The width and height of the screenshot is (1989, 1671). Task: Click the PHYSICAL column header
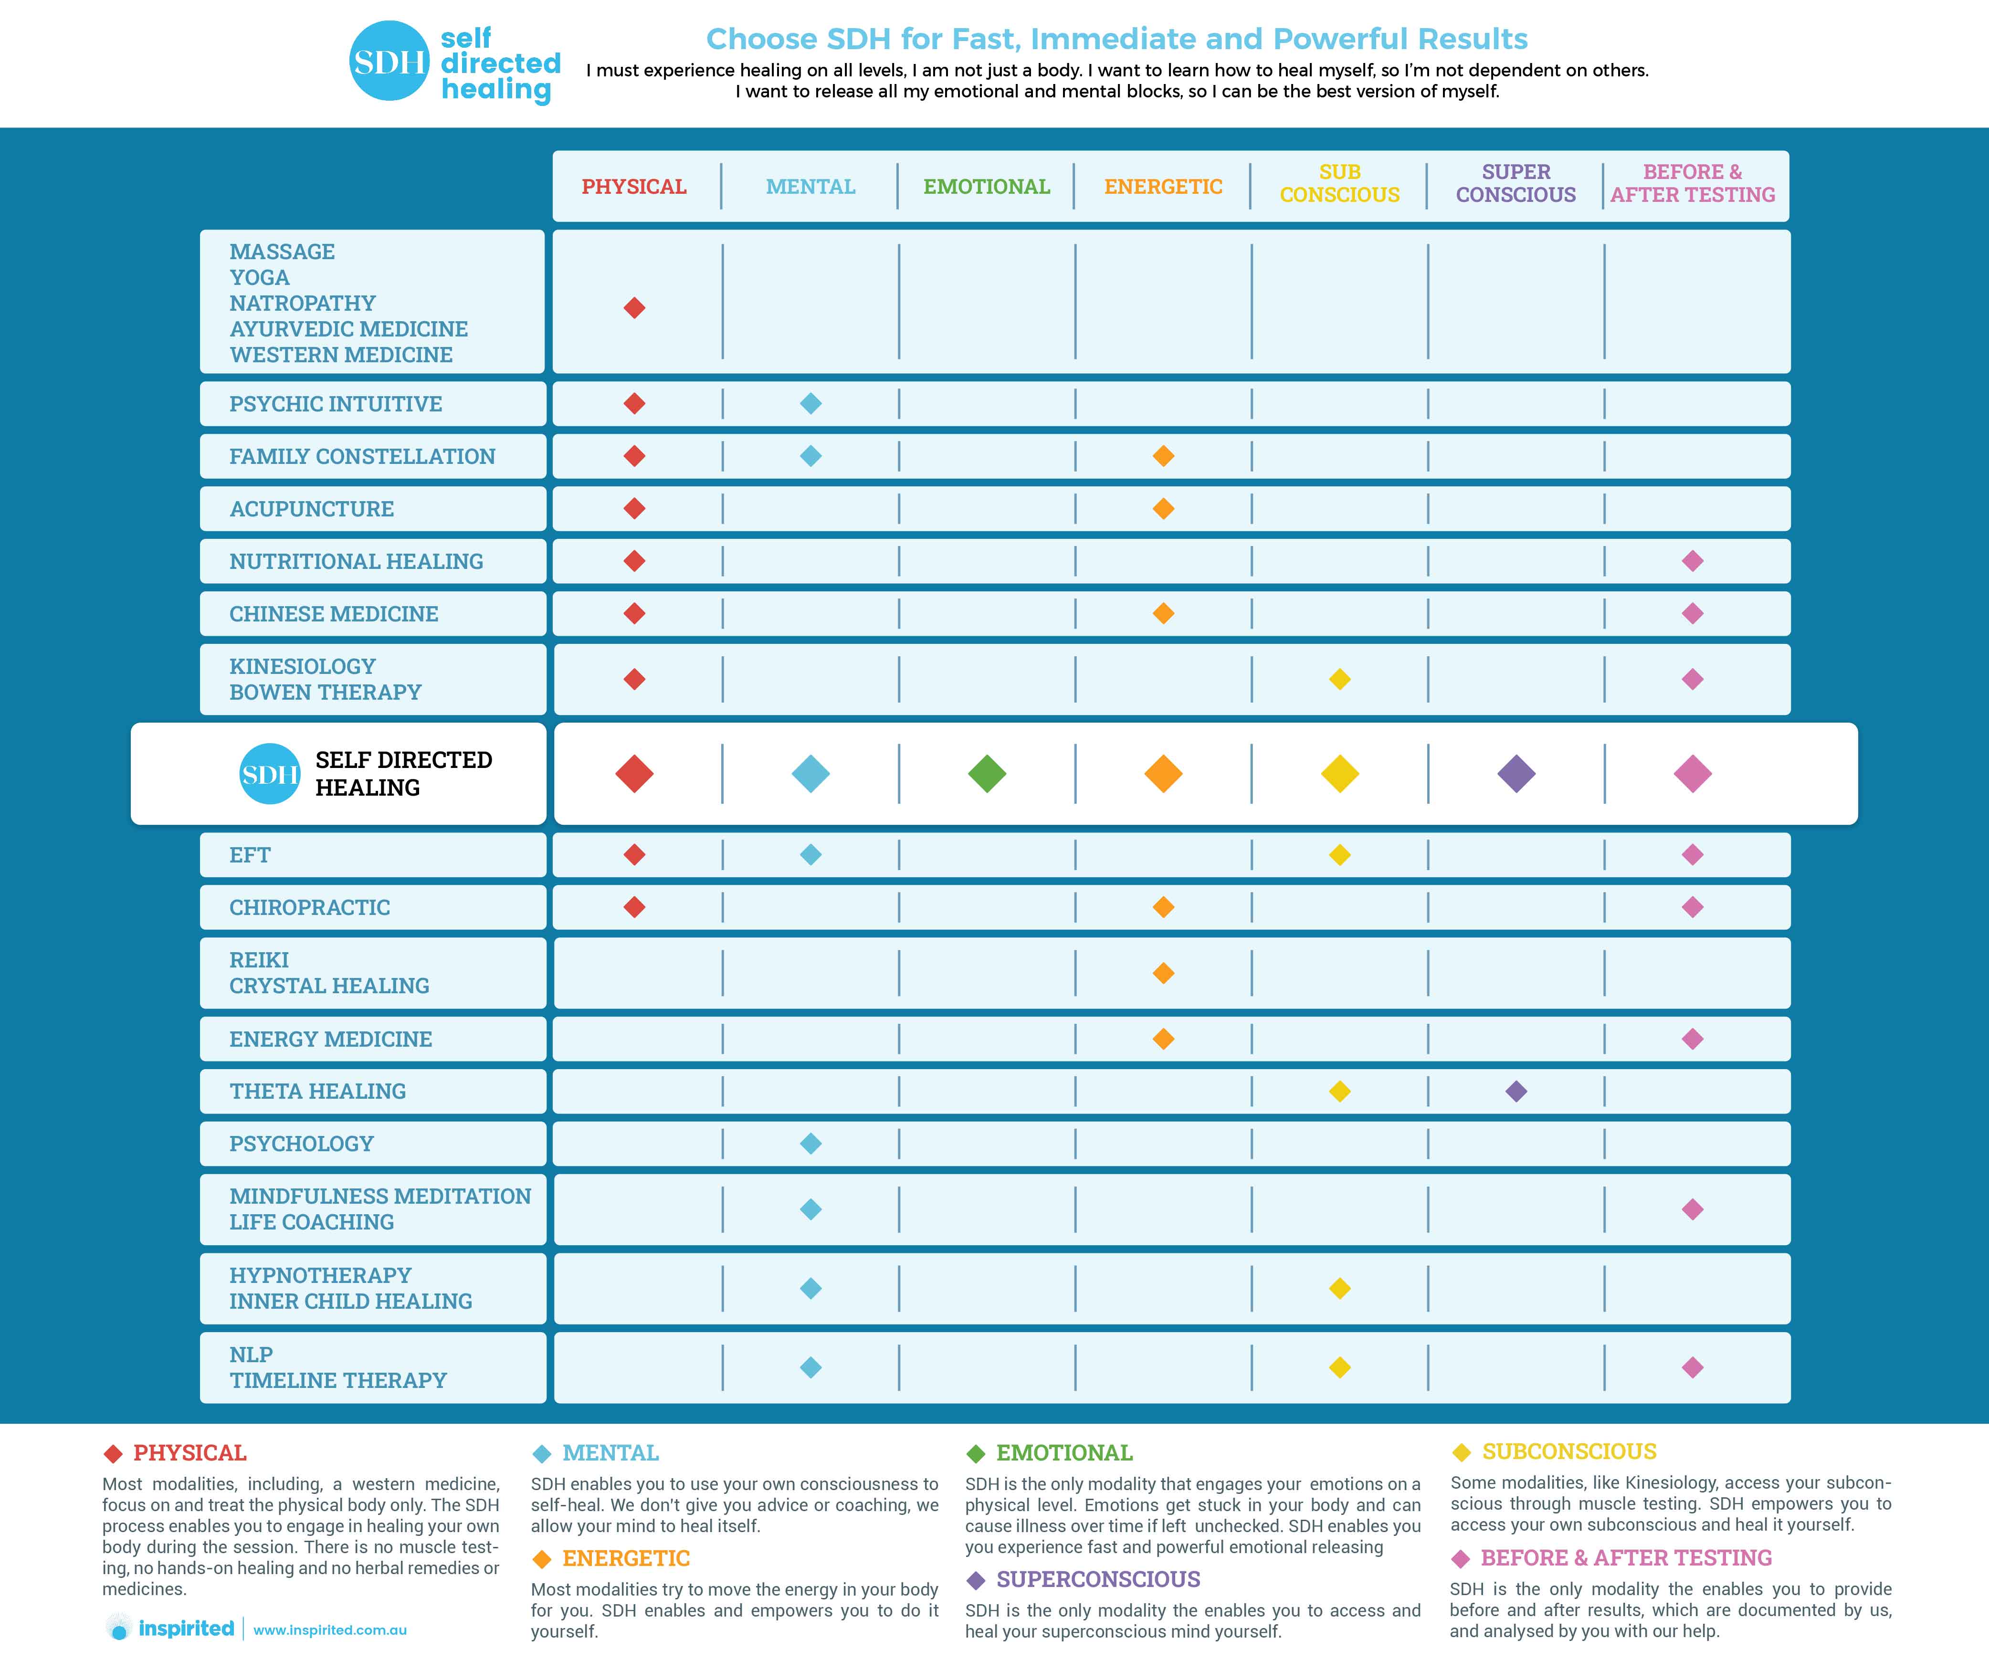pyautogui.click(x=633, y=187)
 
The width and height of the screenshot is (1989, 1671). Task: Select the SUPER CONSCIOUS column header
pyautogui.click(x=1515, y=184)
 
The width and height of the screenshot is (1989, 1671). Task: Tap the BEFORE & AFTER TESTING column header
pyautogui.click(x=1693, y=184)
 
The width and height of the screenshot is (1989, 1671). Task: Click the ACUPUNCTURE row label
pyautogui.click(x=312, y=509)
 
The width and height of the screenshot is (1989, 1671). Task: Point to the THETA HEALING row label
pyautogui.click(x=317, y=1091)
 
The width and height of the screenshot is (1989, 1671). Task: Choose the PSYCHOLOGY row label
pyautogui.click(x=301, y=1144)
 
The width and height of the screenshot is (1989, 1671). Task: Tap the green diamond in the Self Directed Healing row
pyautogui.click(x=987, y=774)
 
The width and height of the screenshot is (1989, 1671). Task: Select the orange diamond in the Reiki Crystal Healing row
pyautogui.click(x=1163, y=973)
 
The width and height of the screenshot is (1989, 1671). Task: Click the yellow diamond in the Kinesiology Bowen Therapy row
pyautogui.click(x=1339, y=679)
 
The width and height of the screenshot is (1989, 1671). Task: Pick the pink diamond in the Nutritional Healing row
pyautogui.click(x=1693, y=561)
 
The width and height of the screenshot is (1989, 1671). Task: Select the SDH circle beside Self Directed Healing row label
pyautogui.click(x=270, y=774)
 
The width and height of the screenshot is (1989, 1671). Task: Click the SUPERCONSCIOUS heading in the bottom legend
pyautogui.click(x=1098, y=1579)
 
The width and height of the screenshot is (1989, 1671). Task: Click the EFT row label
pyautogui.click(x=250, y=854)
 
